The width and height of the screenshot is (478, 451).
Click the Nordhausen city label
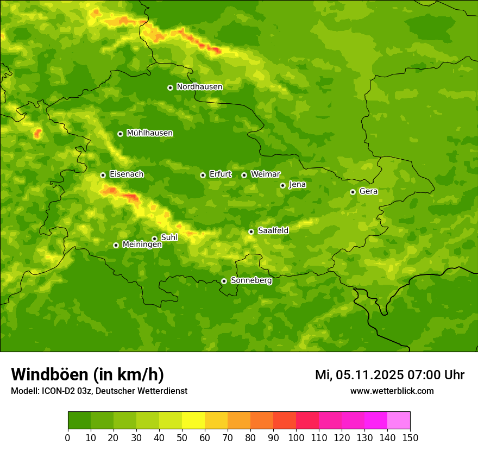click(x=199, y=87)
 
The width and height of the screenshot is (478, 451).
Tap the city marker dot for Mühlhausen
click(x=120, y=134)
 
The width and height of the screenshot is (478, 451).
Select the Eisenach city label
click(x=127, y=174)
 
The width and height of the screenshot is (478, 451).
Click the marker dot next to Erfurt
click(x=203, y=175)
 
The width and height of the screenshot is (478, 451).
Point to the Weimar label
click(x=265, y=174)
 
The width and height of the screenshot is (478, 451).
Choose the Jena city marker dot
click(x=282, y=185)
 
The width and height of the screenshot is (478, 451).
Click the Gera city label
click(x=368, y=191)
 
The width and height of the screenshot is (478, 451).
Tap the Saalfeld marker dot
click(x=251, y=231)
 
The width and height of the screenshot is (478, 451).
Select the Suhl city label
click(x=169, y=237)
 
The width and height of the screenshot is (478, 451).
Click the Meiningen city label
click(x=142, y=245)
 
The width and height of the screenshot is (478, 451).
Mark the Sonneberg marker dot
click(x=224, y=281)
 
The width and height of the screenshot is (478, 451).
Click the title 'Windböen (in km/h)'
click(x=87, y=375)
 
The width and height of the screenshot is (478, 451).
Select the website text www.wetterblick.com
click(x=392, y=391)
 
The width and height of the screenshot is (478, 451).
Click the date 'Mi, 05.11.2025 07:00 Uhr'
click(x=389, y=375)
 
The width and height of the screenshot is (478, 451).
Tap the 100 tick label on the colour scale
click(x=296, y=437)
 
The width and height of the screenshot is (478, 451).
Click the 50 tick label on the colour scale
click(x=182, y=437)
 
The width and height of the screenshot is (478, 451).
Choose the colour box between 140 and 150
click(x=399, y=421)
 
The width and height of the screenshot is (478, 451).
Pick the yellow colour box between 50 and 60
click(x=193, y=421)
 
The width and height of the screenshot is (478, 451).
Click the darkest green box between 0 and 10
click(x=79, y=421)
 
